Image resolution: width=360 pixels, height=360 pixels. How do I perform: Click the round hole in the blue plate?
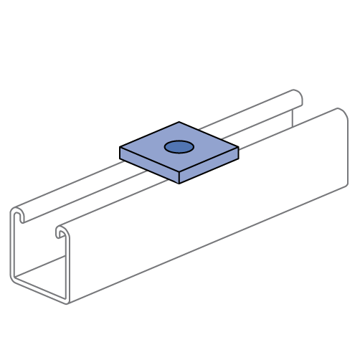(179, 147)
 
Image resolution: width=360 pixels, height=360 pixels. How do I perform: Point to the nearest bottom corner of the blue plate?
(179, 182)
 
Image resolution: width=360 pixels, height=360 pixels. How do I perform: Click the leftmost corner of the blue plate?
(121, 148)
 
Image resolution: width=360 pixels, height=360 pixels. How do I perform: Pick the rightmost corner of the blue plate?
(237, 149)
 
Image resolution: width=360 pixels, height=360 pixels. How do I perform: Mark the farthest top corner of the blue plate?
(179, 123)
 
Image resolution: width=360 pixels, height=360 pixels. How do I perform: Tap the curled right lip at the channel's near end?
(62, 232)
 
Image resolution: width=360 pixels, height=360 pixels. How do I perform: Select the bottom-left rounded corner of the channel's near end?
(14, 278)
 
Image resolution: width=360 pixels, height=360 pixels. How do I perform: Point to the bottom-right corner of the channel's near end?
(67, 303)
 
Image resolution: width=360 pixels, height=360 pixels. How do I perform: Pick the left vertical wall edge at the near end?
(11, 244)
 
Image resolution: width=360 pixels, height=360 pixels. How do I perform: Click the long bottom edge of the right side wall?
(208, 244)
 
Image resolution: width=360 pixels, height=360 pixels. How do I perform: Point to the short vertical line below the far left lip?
(293, 118)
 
